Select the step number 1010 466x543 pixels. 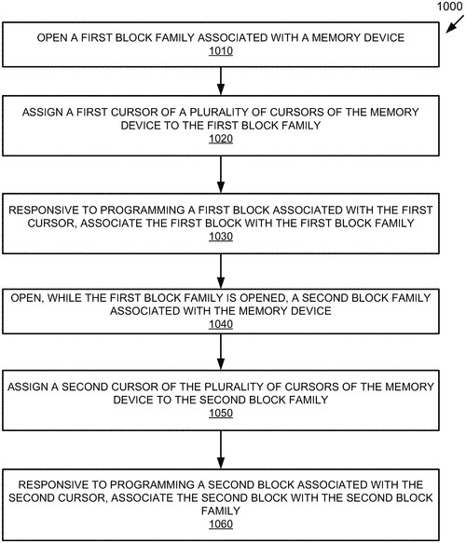pos(220,53)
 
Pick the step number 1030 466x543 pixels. pos(220,237)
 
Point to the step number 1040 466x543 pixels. pos(220,325)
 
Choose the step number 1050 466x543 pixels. pos(220,413)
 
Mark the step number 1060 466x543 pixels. pos(220,523)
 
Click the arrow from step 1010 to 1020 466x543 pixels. pos(221,79)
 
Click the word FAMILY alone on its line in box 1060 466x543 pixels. pos(221,510)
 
